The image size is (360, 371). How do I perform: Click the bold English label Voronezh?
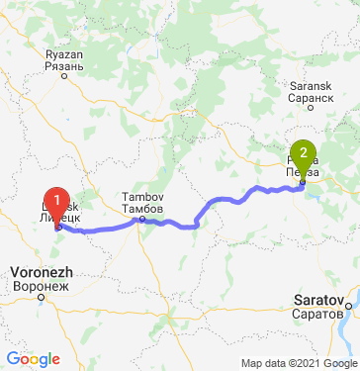[x=39, y=270]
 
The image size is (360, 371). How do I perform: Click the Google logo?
[x=33, y=359]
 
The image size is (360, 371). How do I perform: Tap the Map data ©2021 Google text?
[x=299, y=363]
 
